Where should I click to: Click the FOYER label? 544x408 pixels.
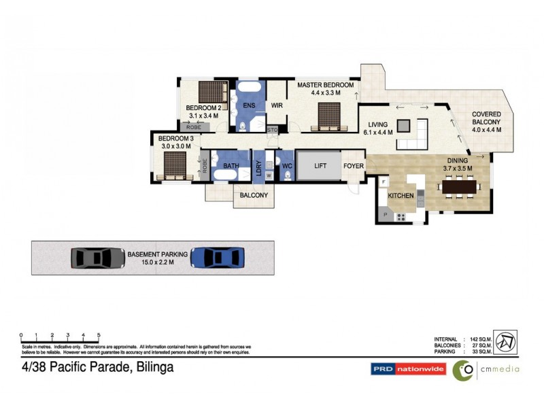point(353,165)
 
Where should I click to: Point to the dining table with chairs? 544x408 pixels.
point(460,186)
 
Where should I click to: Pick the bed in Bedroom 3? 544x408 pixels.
point(174,165)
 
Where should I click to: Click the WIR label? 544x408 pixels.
point(277,105)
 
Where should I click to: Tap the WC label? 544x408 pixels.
point(286,165)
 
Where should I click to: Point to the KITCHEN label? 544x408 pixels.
point(401,196)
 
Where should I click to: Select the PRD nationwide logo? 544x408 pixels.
point(408,369)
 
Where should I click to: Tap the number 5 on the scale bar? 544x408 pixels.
point(99,335)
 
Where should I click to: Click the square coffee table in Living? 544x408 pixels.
point(404,126)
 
